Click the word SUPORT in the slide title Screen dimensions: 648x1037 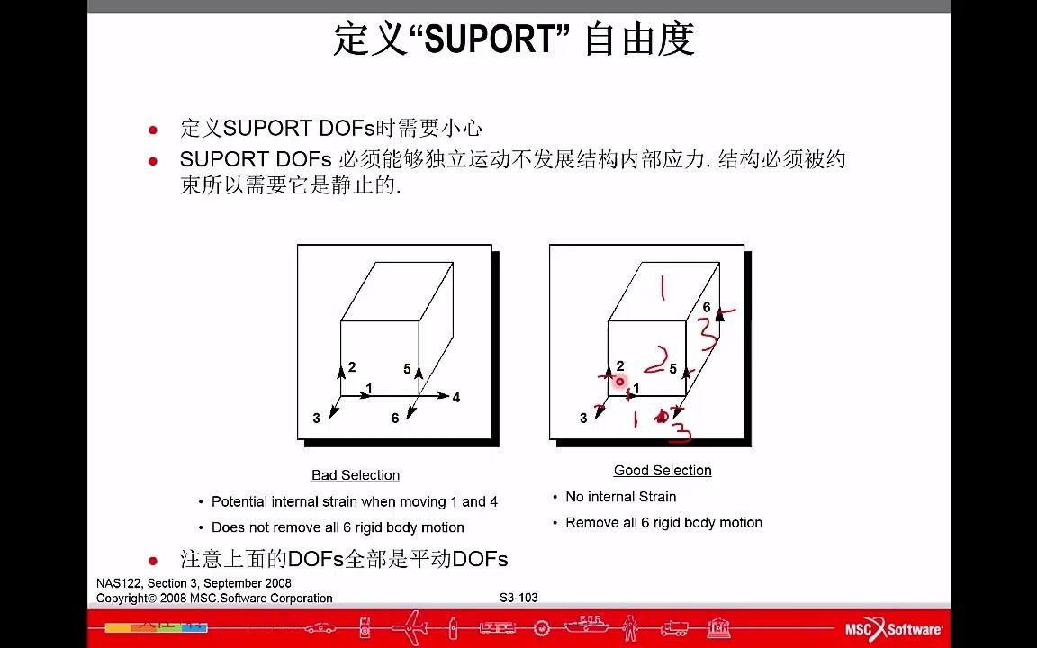[490, 40]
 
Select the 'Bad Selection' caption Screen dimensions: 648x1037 [356, 475]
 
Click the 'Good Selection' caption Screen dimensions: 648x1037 [663, 471]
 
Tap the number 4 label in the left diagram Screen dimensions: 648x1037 [456, 397]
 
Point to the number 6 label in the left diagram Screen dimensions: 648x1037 [395, 418]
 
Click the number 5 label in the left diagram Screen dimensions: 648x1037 [407, 369]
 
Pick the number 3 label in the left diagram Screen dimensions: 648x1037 [316, 418]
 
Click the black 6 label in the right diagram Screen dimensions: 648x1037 [707, 308]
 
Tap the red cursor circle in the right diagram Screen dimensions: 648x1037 [619, 382]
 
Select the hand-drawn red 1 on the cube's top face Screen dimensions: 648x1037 [663, 289]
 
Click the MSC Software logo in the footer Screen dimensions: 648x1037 [893, 629]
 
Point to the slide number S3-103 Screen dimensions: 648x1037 [518, 598]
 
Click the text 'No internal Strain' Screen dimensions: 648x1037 [620, 497]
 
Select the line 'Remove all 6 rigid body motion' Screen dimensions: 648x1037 [663, 523]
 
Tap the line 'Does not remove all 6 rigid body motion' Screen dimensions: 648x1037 [338, 527]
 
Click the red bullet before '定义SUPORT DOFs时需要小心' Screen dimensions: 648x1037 [153, 130]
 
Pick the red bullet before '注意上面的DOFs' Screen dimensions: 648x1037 [153, 561]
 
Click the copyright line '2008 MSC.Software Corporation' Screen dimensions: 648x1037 [214, 598]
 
